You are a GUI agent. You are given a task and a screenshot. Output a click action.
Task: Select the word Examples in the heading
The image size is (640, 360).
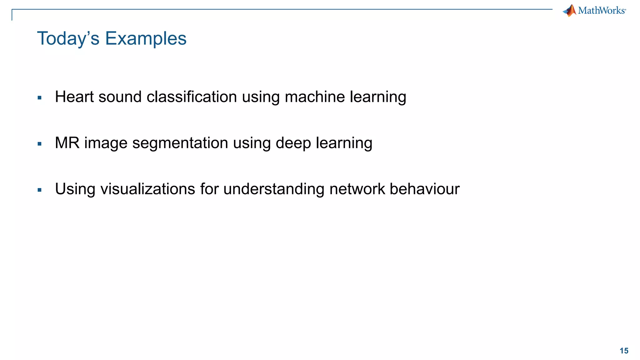[146, 39]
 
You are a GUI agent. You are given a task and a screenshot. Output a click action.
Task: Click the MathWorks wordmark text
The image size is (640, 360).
[602, 11]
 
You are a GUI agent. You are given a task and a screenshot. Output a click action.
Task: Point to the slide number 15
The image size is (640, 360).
[624, 351]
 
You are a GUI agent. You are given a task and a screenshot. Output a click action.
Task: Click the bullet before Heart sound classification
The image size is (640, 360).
[39, 98]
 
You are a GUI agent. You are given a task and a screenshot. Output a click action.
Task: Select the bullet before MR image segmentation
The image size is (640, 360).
[39, 144]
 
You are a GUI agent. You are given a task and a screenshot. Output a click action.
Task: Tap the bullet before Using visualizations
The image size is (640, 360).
[39, 190]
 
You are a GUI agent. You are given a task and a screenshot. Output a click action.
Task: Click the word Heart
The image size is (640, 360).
[74, 97]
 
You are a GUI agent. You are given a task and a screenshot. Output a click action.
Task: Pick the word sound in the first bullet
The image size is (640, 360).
[120, 97]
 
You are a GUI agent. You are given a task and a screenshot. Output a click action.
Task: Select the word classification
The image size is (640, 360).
[192, 97]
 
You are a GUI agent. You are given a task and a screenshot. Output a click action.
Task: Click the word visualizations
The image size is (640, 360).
[147, 189]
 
